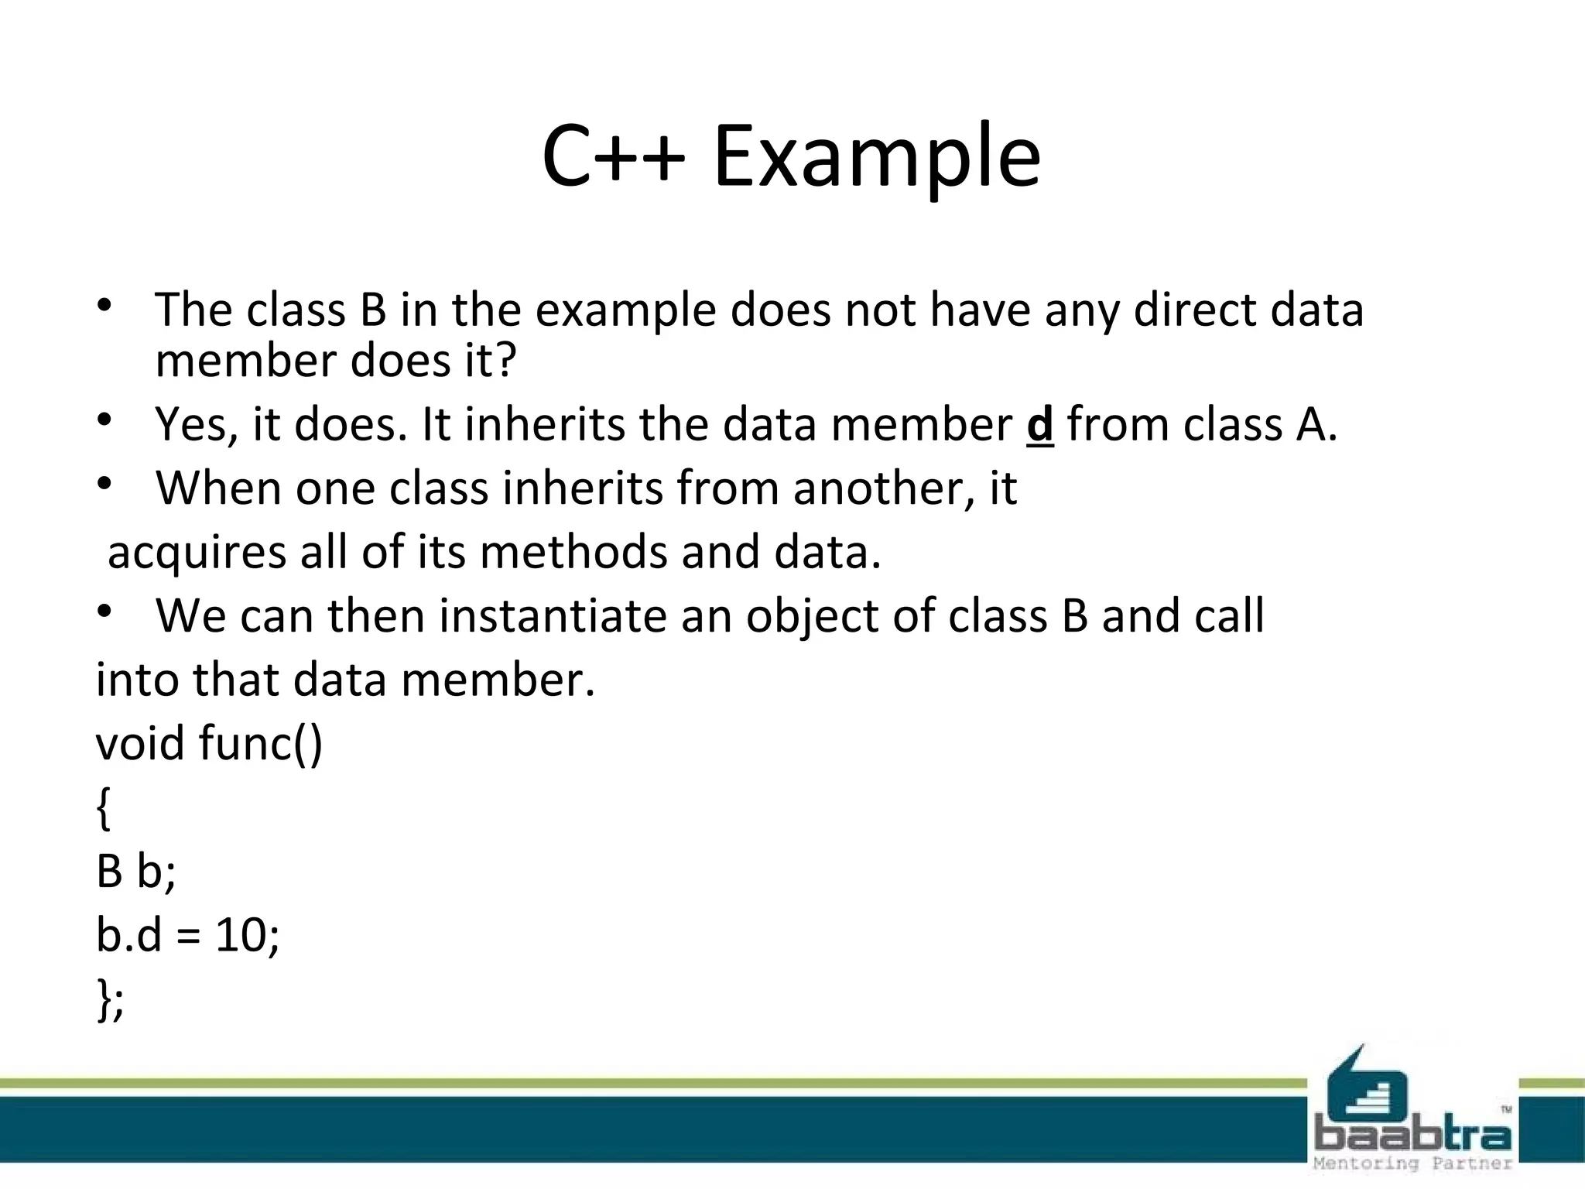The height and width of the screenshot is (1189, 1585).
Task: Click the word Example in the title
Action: pyautogui.click(x=876, y=159)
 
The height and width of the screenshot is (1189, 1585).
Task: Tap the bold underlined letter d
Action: pyautogui.click(x=1039, y=425)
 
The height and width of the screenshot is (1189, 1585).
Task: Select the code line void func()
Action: pyautogui.click(x=209, y=743)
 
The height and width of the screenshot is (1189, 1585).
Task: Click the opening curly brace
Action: pyautogui.click(x=104, y=809)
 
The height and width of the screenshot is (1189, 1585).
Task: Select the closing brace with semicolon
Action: pyautogui.click(x=110, y=1000)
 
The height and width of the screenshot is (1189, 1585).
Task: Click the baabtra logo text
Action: pyautogui.click(x=1412, y=1136)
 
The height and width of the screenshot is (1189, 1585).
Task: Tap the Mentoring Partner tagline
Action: pyautogui.click(x=1412, y=1163)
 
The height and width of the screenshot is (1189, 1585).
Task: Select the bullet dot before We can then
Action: pyautogui.click(x=105, y=612)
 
